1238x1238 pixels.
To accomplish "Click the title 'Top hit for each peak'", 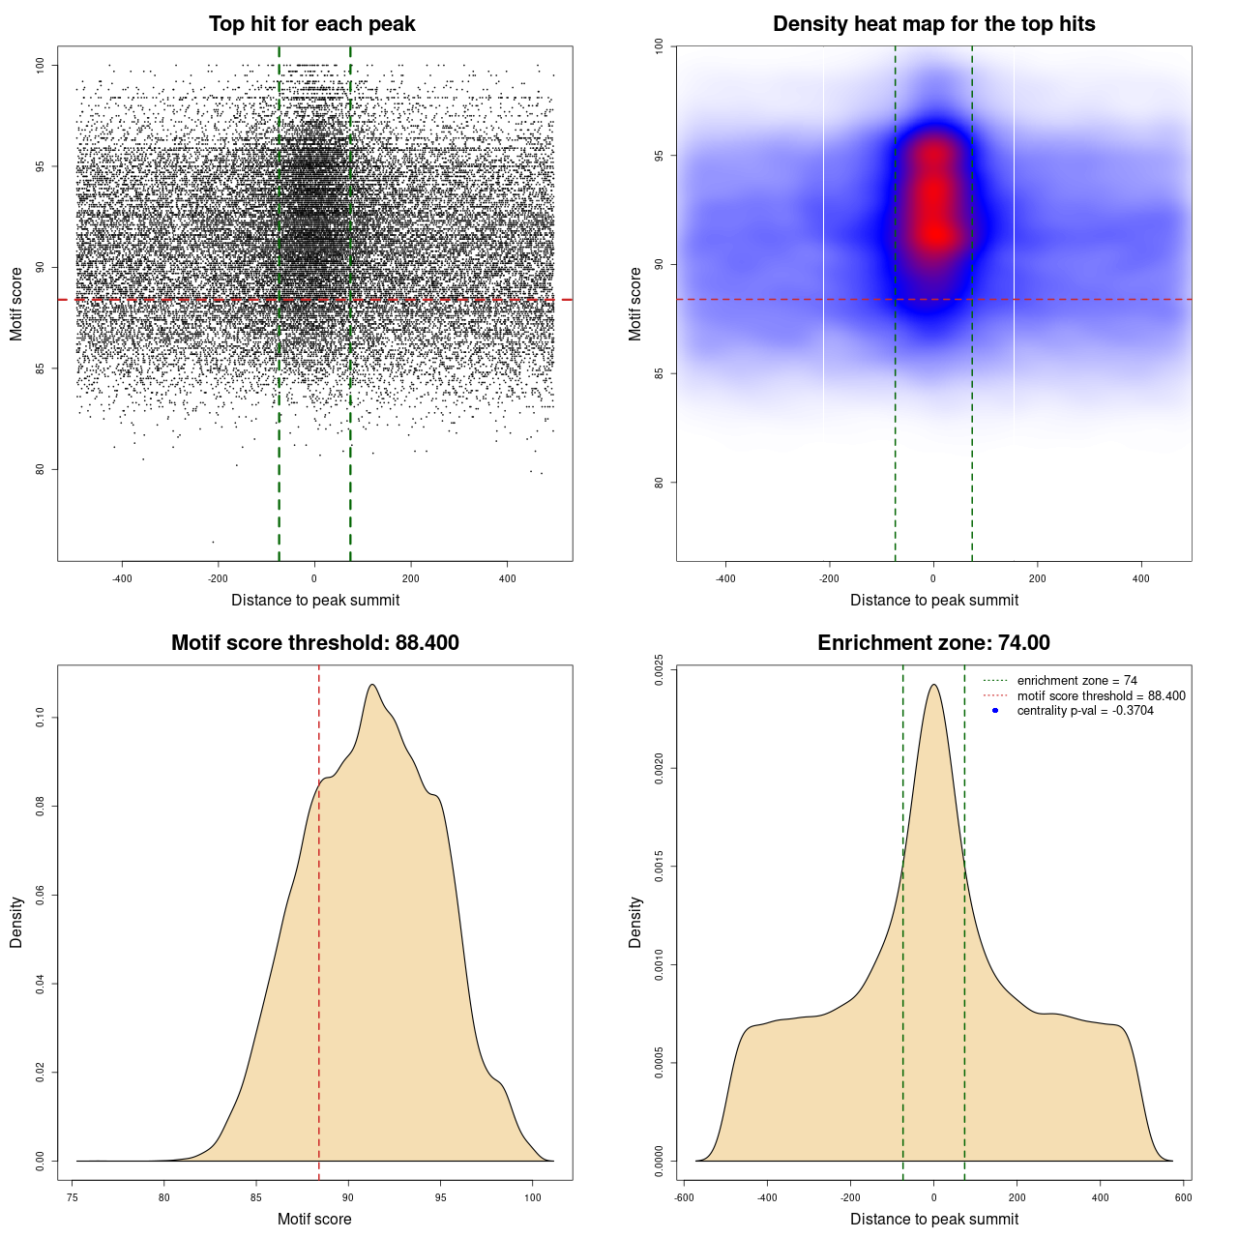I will click(x=311, y=24).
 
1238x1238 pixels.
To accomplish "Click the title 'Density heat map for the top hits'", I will click(x=933, y=24).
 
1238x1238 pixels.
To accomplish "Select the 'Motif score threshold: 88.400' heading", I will click(x=314, y=643).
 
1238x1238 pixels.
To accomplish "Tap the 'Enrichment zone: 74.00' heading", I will click(x=933, y=643).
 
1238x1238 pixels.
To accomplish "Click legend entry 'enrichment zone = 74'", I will click(x=1076, y=681).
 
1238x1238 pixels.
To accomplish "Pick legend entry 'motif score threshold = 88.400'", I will click(x=1101, y=696).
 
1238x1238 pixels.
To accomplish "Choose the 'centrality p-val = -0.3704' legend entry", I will click(x=1085, y=711).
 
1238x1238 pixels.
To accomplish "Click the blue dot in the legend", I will click(x=995, y=711).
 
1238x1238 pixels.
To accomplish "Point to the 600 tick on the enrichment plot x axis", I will click(x=1183, y=1197).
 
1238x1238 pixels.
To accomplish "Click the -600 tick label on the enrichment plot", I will click(x=683, y=1197).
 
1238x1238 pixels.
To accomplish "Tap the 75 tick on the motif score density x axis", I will click(x=73, y=1197).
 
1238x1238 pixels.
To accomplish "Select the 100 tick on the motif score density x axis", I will click(x=533, y=1197).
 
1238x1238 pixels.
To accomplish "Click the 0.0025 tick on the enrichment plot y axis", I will click(x=660, y=670).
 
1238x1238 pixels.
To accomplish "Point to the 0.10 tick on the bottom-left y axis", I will click(x=41, y=718).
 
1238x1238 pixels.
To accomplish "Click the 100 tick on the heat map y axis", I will click(x=660, y=45).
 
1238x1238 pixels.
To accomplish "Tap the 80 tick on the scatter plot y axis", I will click(x=41, y=470).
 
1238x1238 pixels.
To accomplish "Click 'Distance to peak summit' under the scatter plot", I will click(x=315, y=601).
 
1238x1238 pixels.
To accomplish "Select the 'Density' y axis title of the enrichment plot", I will click(x=635, y=922).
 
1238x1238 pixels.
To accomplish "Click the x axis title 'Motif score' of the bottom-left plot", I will click(x=314, y=1219).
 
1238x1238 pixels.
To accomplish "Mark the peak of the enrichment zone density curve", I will click(x=933, y=685).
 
